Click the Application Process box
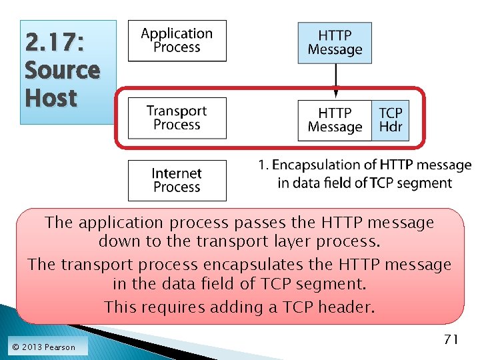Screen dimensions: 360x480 tap(177, 41)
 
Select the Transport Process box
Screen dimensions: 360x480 tap(177, 118)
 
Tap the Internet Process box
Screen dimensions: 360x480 tap(177, 180)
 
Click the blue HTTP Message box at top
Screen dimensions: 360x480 tap(335, 42)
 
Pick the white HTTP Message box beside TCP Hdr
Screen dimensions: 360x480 tap(335, 120)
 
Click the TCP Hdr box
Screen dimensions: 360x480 tap(391, 120)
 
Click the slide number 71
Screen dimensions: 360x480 tap(451, 339)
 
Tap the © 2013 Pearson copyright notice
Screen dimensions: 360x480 tap(43, 347)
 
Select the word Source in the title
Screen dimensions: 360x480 tap(62, 70)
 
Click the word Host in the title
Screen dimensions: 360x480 tap(51, 98)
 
